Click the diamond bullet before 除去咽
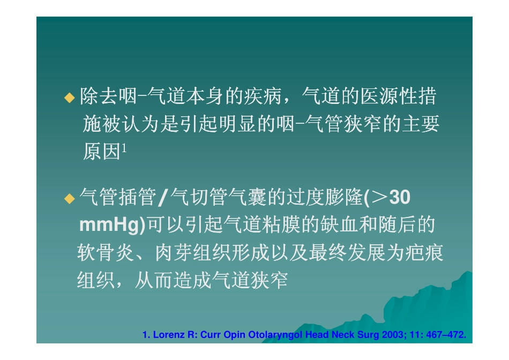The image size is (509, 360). point(70,97)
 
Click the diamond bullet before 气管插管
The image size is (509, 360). point(70,199)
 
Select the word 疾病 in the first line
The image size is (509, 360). point(271,97)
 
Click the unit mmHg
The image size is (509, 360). point(109,226)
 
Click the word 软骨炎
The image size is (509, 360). point(104,252)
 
